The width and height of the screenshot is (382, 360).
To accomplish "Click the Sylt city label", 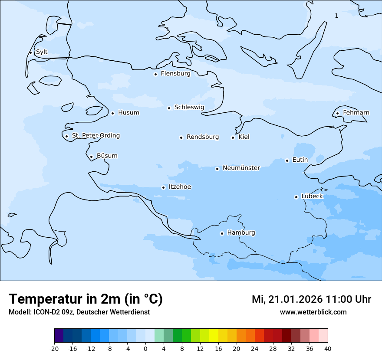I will tap(42, 52).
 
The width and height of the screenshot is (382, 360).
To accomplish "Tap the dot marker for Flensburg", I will tap(155, 74).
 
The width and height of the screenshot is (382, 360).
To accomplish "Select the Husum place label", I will tap(128, 113).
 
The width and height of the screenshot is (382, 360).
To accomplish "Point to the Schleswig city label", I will tap(189, 107).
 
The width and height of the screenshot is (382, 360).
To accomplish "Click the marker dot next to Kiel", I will tap(233, 137).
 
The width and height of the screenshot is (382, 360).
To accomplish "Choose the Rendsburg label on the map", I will tap(203, 137).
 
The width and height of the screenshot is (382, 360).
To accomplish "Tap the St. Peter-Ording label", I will tap(95, 136).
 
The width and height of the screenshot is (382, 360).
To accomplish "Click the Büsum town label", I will tap(107, 156).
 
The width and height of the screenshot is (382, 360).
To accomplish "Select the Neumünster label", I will tap(241, 168).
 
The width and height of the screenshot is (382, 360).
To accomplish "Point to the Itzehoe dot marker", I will tap(163, 187).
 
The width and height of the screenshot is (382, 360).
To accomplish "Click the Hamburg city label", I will tap(241, 233).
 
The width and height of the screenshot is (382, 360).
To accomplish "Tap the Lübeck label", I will tap(312, 196).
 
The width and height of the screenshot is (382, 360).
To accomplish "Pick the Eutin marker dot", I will tap(287, 160).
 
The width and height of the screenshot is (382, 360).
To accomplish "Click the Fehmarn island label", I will tap(356, 113).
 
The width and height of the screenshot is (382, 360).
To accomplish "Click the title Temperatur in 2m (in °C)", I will tap(86, 299).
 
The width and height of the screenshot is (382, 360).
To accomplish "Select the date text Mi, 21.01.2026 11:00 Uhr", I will tap(311, 299).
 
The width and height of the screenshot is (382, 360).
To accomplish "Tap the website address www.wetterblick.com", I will tap(313, 312).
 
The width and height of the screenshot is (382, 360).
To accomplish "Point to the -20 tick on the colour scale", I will tap(54, 349).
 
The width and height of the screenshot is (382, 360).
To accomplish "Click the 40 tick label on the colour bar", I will tap(328, 349).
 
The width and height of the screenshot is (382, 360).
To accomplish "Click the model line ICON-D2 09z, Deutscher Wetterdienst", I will tap(79, 312).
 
